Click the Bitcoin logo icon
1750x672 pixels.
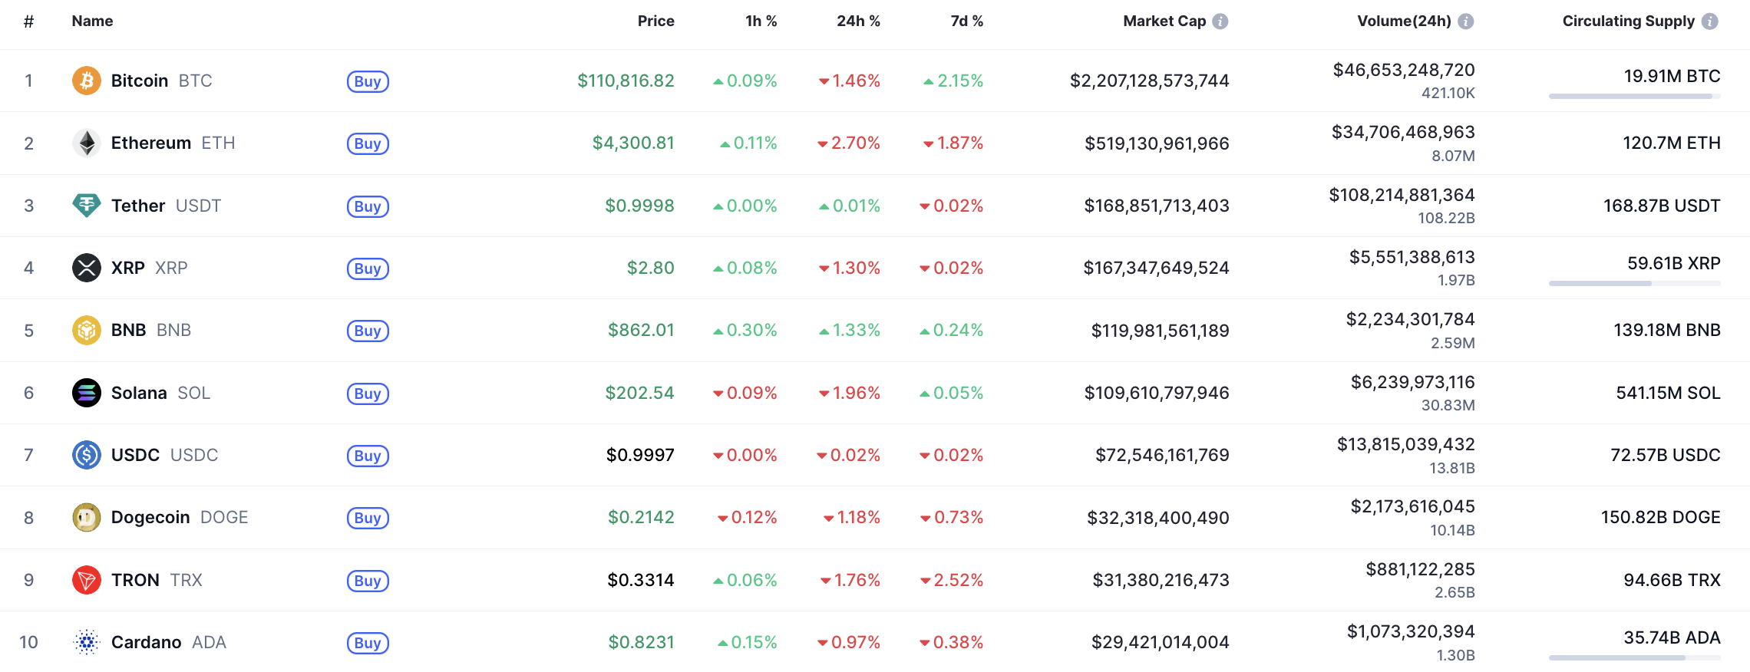click(x=86, y=81)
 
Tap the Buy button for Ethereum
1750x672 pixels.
click(x=368, y=143)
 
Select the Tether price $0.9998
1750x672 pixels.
click(x=639, y=206)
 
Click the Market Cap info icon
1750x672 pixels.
click(x=1220, y=21)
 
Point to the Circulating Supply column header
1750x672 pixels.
click(x=1628, y=21)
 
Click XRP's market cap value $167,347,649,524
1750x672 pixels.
click(x=1156, y=268)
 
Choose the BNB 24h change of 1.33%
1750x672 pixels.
click(x=850, y=330)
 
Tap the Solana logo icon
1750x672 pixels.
click(x=86, y=393)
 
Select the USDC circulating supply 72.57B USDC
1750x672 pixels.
click(x=1665, y=455)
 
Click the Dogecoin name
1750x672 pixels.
click(x=150, y=517)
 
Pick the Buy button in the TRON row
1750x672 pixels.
click(x=368, y=581)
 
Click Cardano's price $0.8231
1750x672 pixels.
click(x=641, y=642)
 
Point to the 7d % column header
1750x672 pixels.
click(x=966, y=21)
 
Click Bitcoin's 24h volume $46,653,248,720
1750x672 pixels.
click(x=1404, y=71)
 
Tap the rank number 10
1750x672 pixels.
click(x=28, y=642)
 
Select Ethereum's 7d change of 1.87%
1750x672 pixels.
click(x=953, y=143)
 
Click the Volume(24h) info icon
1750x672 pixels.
click(x=1466, y=21)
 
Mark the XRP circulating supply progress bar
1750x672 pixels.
click(x=1634, y=284)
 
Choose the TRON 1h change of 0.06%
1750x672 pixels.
click(x=745, y=580)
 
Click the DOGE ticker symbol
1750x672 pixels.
click(x=224, y=517)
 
